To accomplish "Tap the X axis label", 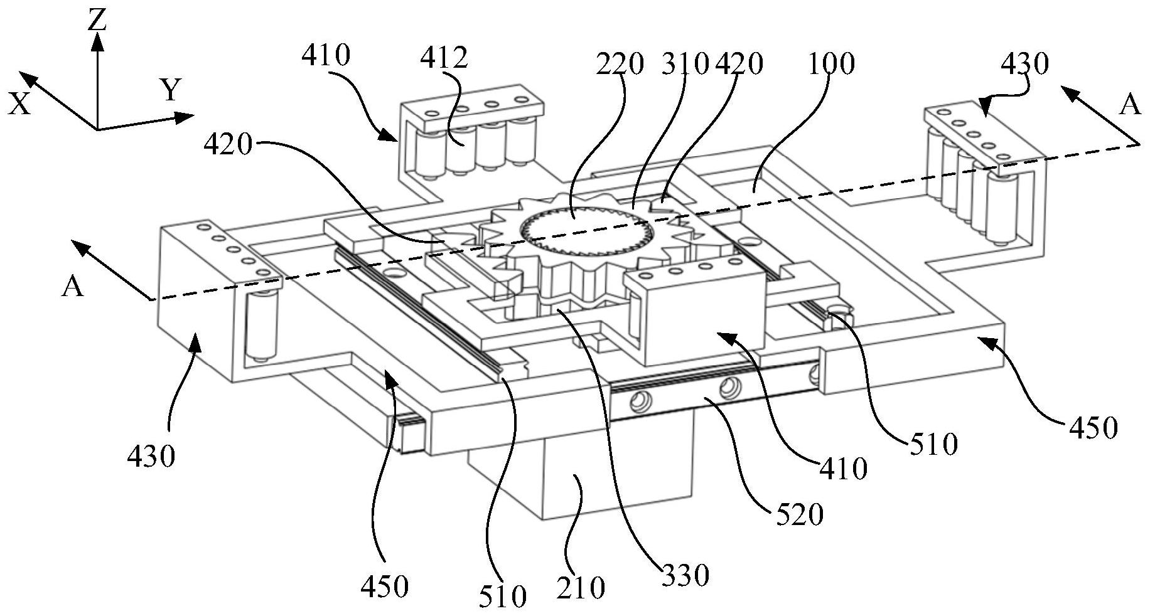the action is (x=19, y=104).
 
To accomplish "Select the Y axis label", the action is (x=171, y=91).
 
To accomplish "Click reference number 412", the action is (x=444, y=58).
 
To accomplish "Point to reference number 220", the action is (x=620, y=64).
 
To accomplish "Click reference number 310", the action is (x=684, y=64).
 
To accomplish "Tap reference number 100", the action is (x=830, y=64).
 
